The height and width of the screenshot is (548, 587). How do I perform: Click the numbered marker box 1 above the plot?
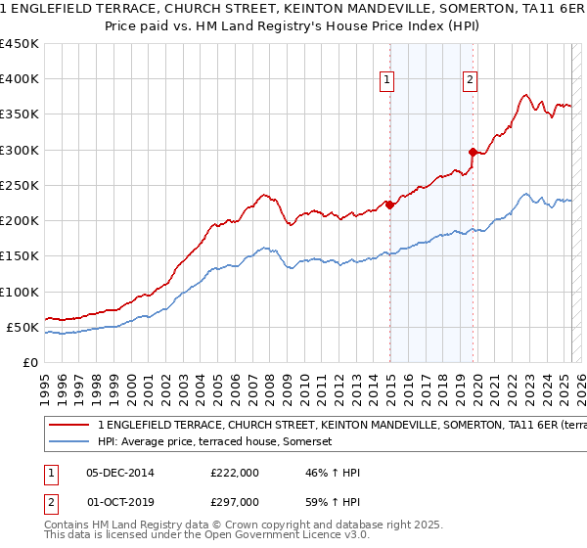coord(388,80)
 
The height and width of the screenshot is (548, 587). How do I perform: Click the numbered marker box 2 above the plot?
coord(471,80)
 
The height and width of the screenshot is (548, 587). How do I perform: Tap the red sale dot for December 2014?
coord(389,205)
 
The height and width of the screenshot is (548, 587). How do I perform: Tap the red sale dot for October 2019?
coord(473,152)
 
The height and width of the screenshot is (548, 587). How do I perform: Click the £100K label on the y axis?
coord(20,292)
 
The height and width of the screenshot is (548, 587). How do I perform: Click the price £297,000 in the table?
coord(235,501)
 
